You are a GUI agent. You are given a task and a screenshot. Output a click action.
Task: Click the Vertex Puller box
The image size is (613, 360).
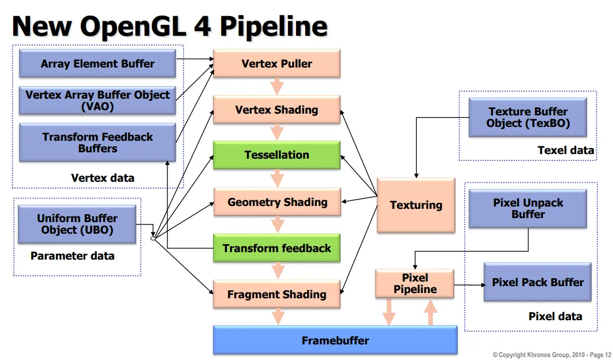pyautogui.click(x=276, y=63)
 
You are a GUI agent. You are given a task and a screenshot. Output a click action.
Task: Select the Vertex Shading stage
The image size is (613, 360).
pyautogui.click(x=276, y=110)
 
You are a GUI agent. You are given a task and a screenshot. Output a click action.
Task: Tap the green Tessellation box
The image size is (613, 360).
pyautogui.click(x=276, y=155)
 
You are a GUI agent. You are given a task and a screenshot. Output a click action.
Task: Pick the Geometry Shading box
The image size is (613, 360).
pyautogui.click(x=276, y=202)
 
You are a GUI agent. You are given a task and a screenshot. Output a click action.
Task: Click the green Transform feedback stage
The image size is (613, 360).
pyautogui.click(x=276, y=248)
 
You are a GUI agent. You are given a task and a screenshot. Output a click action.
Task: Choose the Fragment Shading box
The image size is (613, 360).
pyautogui.click(x=276, y=294)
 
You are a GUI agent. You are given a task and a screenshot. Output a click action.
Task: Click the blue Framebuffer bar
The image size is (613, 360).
pyautogui.click(x=335, y=340)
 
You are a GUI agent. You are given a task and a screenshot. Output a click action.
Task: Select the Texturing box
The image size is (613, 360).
pyautogui.click(x=416, y=205)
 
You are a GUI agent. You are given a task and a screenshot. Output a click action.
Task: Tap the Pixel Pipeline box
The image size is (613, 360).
pyautogui.click(x=414, y=283)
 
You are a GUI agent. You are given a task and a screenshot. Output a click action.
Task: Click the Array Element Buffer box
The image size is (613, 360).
pyautogui.click(x=98, y=63)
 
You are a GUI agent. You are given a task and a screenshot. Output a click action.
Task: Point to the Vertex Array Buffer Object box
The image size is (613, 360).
pyautogui.click(x=98, y=100)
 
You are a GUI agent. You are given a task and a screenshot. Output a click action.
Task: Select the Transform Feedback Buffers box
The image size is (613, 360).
pyautogui.click(x=98, y=142)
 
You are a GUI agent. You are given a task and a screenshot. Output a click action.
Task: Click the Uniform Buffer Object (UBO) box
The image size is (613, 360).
pyautogui.click(x=77, y=224)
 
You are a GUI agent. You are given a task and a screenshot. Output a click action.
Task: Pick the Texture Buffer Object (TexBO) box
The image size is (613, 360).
pyautogui.click(x=528, y=117)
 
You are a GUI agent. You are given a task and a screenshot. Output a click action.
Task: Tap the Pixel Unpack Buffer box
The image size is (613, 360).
pyautogui.click(x=528, y=208)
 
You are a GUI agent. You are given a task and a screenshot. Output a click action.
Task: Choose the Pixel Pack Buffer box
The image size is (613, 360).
pyautogui.click(x=537, y=282)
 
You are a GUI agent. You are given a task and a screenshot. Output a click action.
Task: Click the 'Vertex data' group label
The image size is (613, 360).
pyautogui.click(x=102, y=178)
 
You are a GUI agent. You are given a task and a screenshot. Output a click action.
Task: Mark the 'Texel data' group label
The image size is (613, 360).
pyautogui.click(x=565, y=150)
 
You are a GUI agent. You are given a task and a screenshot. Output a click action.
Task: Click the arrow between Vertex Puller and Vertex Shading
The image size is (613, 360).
pyautogui.click(x=277, y=87)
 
